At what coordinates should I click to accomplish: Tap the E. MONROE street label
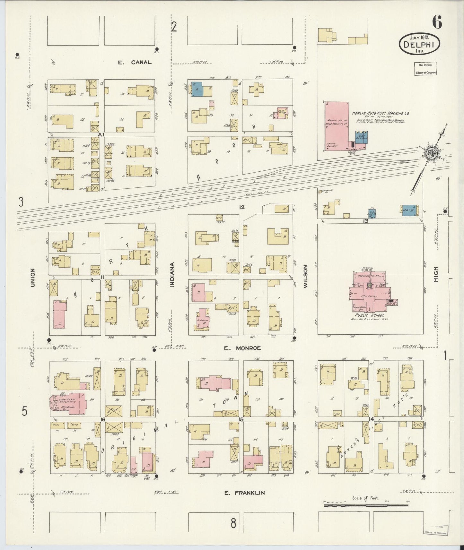click(242, 348)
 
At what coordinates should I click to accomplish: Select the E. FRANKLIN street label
click(244, 493)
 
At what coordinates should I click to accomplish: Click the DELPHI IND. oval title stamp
click(419, 45)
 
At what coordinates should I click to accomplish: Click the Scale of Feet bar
click(366, 505)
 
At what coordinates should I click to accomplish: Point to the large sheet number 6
click(437, 22)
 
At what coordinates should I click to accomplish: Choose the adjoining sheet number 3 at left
click(21, 202)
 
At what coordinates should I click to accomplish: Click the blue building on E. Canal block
click(197, 89)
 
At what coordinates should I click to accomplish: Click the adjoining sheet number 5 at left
click(24, 411)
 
